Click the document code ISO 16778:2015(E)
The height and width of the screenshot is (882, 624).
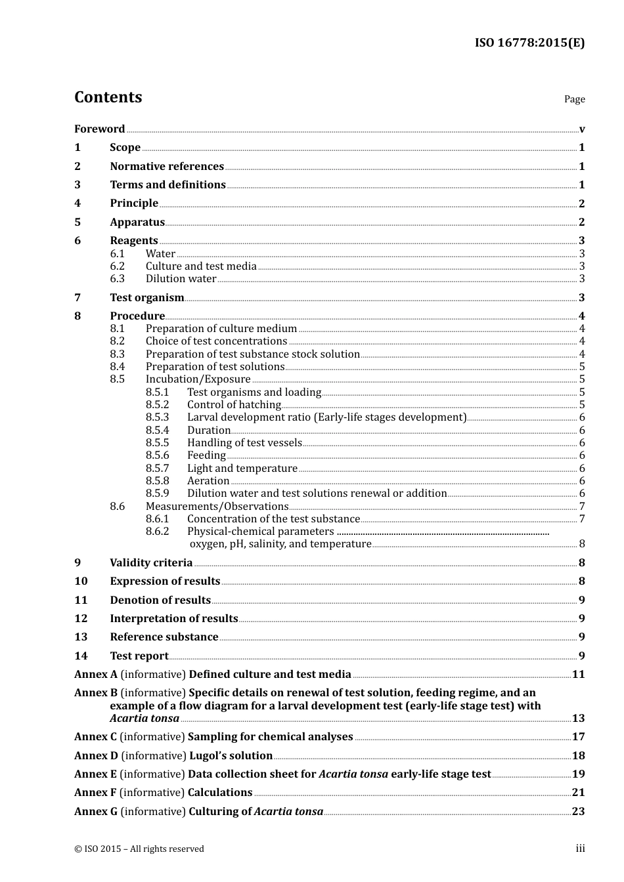(529, 43)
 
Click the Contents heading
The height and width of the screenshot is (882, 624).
(108, 97)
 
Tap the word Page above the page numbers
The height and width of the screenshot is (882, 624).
(574, 99)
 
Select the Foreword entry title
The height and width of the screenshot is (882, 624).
(99, 129)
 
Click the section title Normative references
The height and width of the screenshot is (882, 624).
(167, 167)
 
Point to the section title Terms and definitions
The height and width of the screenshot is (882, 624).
(167, 185)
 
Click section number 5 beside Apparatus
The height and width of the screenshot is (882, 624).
(78, 222)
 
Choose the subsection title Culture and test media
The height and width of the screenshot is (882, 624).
(201, 266)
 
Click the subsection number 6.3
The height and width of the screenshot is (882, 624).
(117, 279)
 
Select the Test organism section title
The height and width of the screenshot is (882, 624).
(146, 298)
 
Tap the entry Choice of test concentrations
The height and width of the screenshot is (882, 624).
(216, 341)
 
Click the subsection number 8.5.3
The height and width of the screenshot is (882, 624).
(157, 417)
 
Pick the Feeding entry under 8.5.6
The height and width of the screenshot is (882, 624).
(206, 455)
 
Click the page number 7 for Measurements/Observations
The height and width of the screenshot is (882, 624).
(582, 507)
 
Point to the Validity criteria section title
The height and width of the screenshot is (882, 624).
(151, 563)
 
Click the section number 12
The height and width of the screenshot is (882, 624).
(81, 619)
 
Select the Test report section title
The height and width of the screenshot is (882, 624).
(139, 656)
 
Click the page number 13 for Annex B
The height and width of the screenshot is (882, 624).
(578, 719)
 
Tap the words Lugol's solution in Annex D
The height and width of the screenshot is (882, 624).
(231, 756)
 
